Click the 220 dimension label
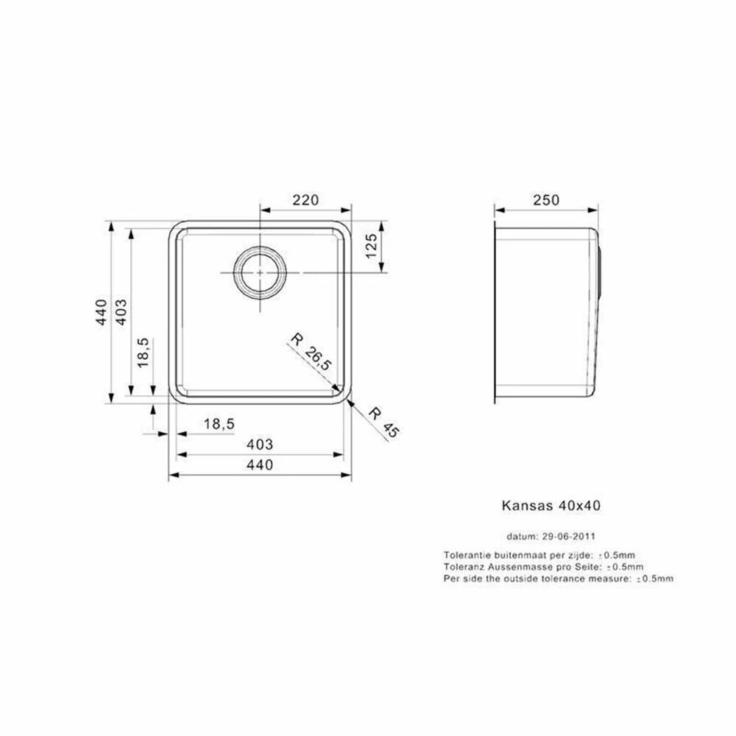click(305, 200)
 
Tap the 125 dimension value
click(371, 246)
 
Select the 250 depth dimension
click(546, 200)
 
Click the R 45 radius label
click(383, 422)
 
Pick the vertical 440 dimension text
click(102, 311)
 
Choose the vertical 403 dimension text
click(121, 311)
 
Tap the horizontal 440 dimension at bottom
click(260, 464)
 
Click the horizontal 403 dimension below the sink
click(260, 444)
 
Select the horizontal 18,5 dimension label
click(219, 424)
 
